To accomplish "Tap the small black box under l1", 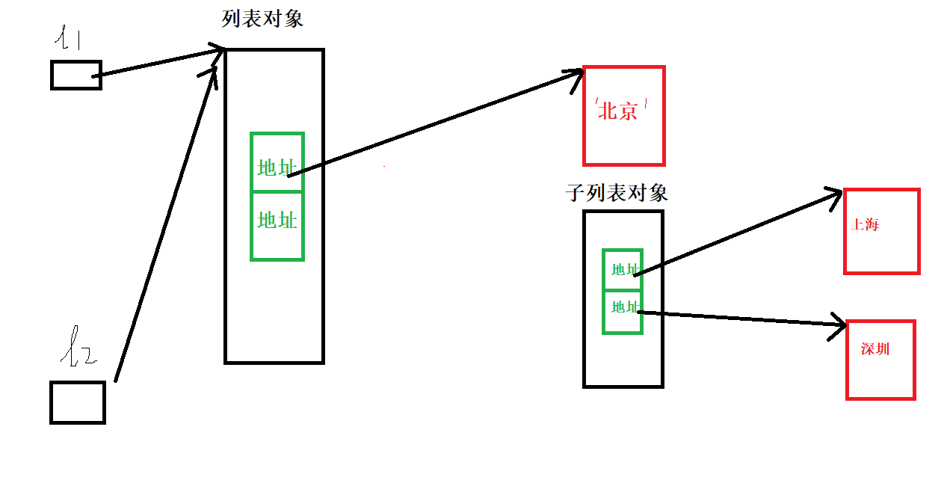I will (76, 75).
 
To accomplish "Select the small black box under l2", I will (78, 402).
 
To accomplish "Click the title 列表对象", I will (262, 19).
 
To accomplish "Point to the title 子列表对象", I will (616, 193).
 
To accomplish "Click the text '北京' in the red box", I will (620, 111).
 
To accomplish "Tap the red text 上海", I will (865, 225).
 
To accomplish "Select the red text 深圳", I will (874, 349).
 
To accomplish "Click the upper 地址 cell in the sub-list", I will (623, 269).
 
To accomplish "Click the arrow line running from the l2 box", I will (164, 224).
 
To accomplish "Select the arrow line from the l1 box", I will (161, 63).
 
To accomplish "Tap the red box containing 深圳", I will (880, 360).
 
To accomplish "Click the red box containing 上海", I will (881, 232).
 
